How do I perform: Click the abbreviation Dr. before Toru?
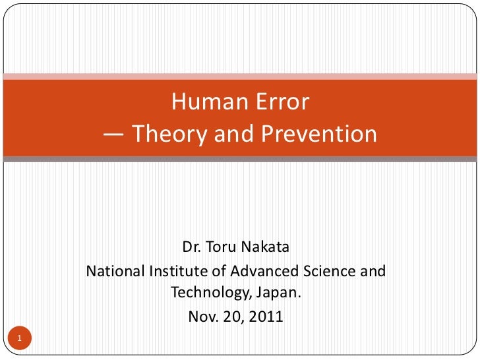point(192,248)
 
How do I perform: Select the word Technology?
point(208,293)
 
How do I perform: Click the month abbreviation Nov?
point(202,316)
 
